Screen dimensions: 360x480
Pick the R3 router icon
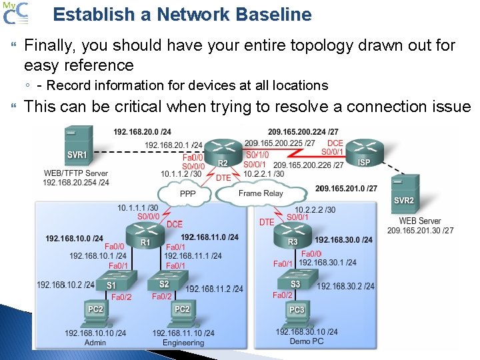(x=293, y=233)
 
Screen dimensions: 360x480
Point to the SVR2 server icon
(x=404, y=193)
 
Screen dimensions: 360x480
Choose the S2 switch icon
(x=164, y=283)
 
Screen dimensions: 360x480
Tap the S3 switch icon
(x=295, y=283)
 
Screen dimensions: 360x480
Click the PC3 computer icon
(x=297, y=312)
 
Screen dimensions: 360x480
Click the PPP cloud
(x=187, y=193)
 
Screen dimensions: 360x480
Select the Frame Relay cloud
(x=261, y=193)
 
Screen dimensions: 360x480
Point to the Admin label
(x=95, y=343)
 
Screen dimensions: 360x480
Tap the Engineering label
(x=183, y=343)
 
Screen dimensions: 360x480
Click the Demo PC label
(x=307, y=341)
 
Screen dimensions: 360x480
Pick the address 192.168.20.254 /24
(x=76, y=182)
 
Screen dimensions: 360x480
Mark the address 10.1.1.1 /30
(x=138, y=207)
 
